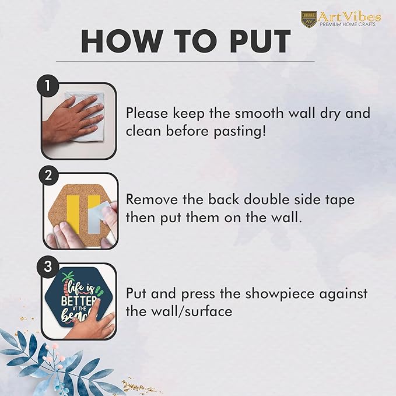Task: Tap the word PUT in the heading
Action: pyautogui.click(x=260, y=41)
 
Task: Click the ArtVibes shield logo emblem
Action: pyautogui.click(x=309, y=19)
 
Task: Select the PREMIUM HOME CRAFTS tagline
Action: pyautogui.click(x=348, y=24)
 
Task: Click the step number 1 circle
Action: pyautogui.click(x=48, y=86)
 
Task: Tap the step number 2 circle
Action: pyautogui.click(x=48, y=175)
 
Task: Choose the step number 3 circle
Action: pyautogui.click(x=48, y=266)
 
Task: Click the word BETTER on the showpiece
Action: pyautogui.click(x=79, y=301)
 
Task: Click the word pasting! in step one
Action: pyautogui.click(x=240, y=132)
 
